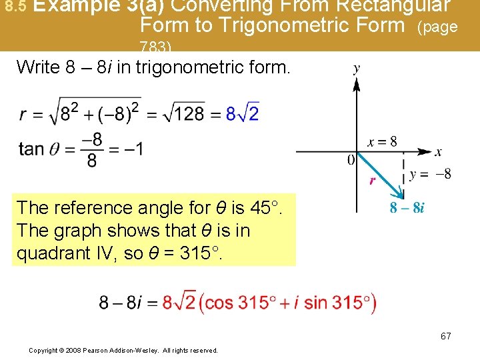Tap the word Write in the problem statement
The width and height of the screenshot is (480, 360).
click(37, 67)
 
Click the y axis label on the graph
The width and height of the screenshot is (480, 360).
click(357, 69)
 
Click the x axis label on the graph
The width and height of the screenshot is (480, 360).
click(438, 153)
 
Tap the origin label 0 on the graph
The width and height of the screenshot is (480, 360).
click(351, 160)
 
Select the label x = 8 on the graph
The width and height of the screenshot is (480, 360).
click(382, 141)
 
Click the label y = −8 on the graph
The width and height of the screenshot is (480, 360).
click(430, 175)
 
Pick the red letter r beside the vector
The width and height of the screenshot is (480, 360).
click(373, 180)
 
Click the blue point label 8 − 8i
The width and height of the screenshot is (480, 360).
click(407, 207)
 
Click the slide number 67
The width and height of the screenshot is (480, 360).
click(445, 336)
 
